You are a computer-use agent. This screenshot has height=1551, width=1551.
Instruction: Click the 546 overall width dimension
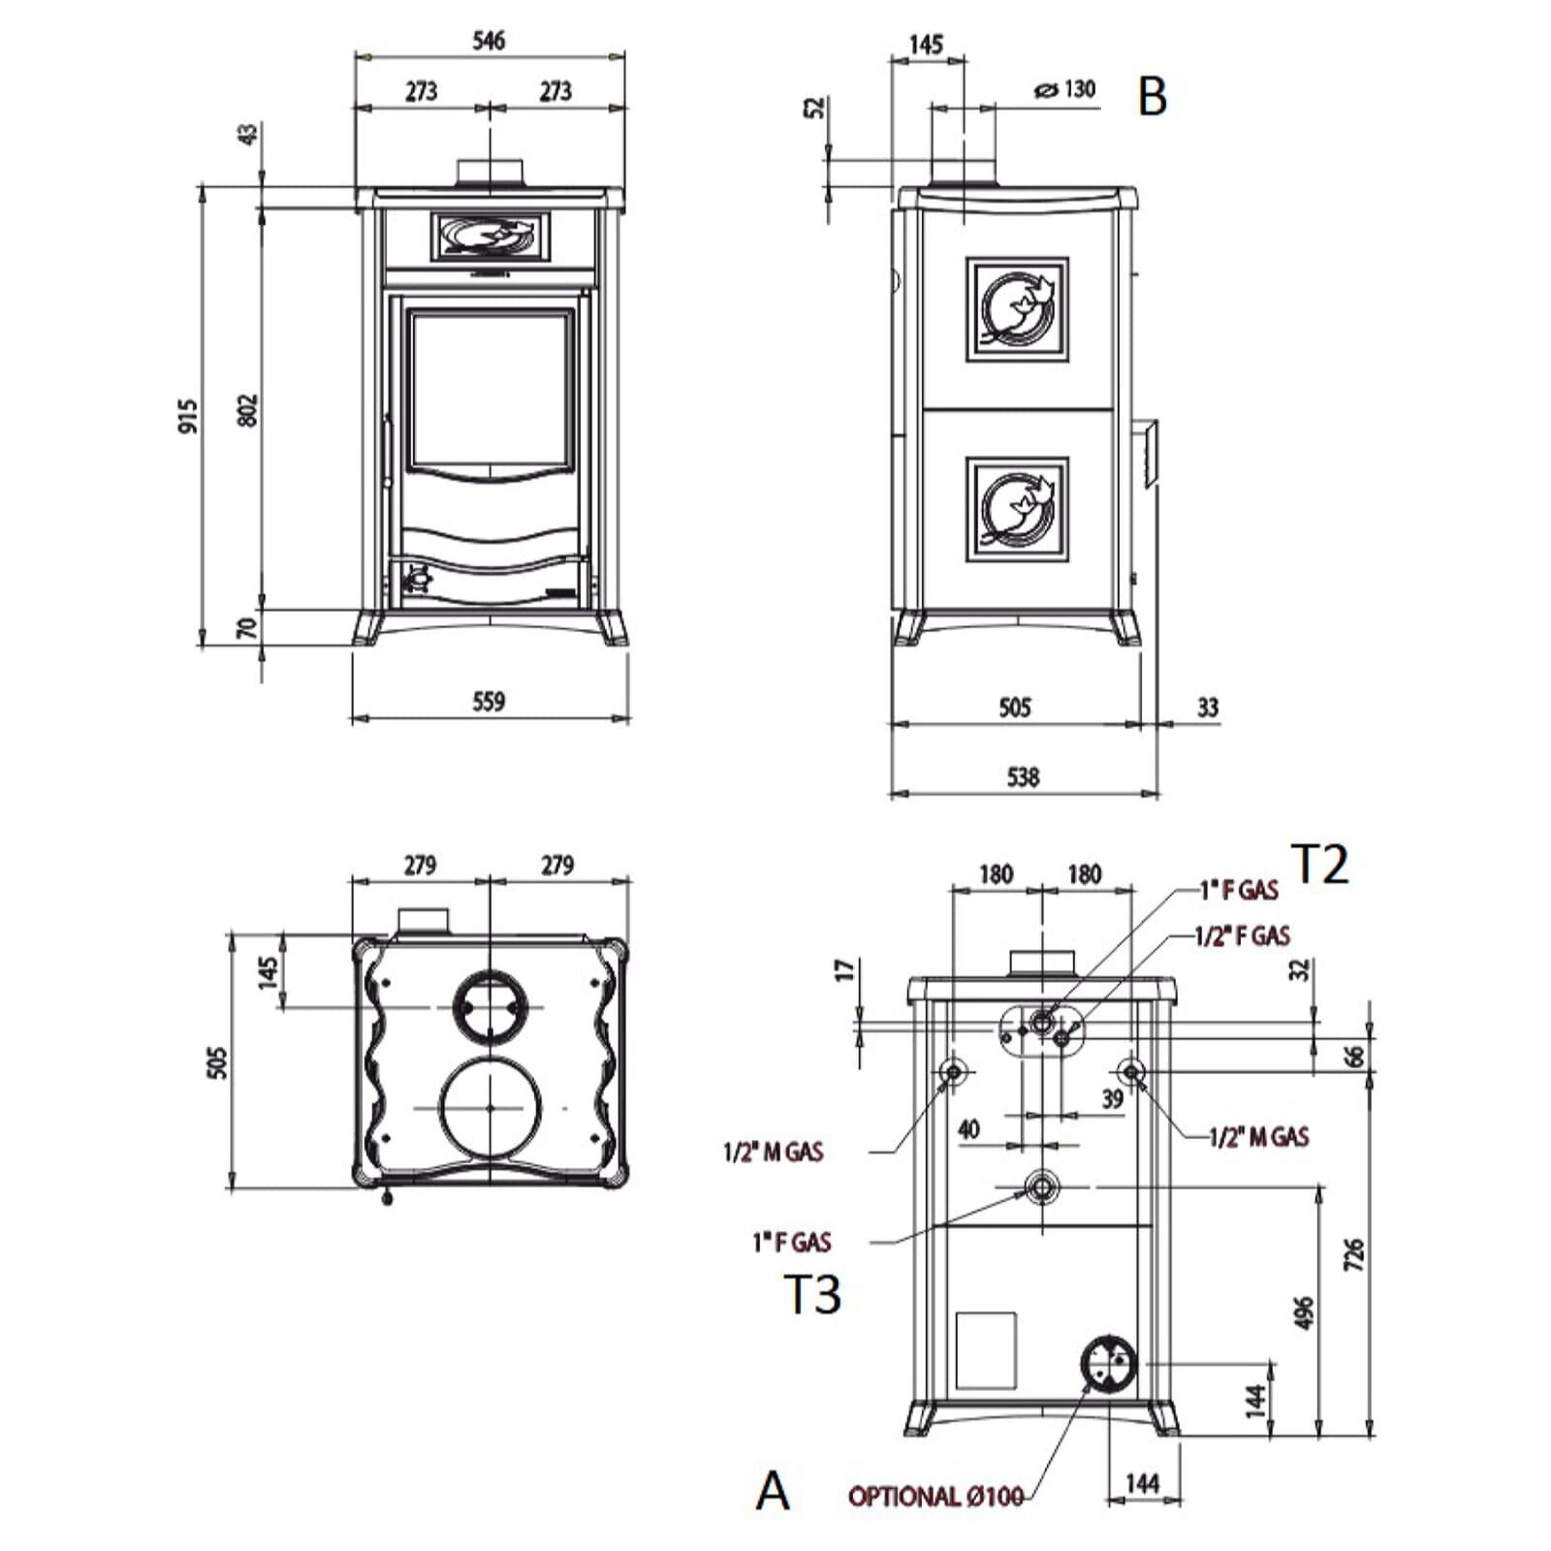489,41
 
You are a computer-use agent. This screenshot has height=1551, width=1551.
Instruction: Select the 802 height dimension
248,410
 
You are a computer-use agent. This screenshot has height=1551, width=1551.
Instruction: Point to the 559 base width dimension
489,701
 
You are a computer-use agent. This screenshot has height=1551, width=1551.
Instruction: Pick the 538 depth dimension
1024,776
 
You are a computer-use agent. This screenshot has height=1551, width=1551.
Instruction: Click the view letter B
1153,97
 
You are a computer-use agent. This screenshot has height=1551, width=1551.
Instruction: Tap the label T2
1319,864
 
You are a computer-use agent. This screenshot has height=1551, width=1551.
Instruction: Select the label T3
812,1294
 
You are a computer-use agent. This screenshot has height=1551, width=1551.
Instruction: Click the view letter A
773,1490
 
